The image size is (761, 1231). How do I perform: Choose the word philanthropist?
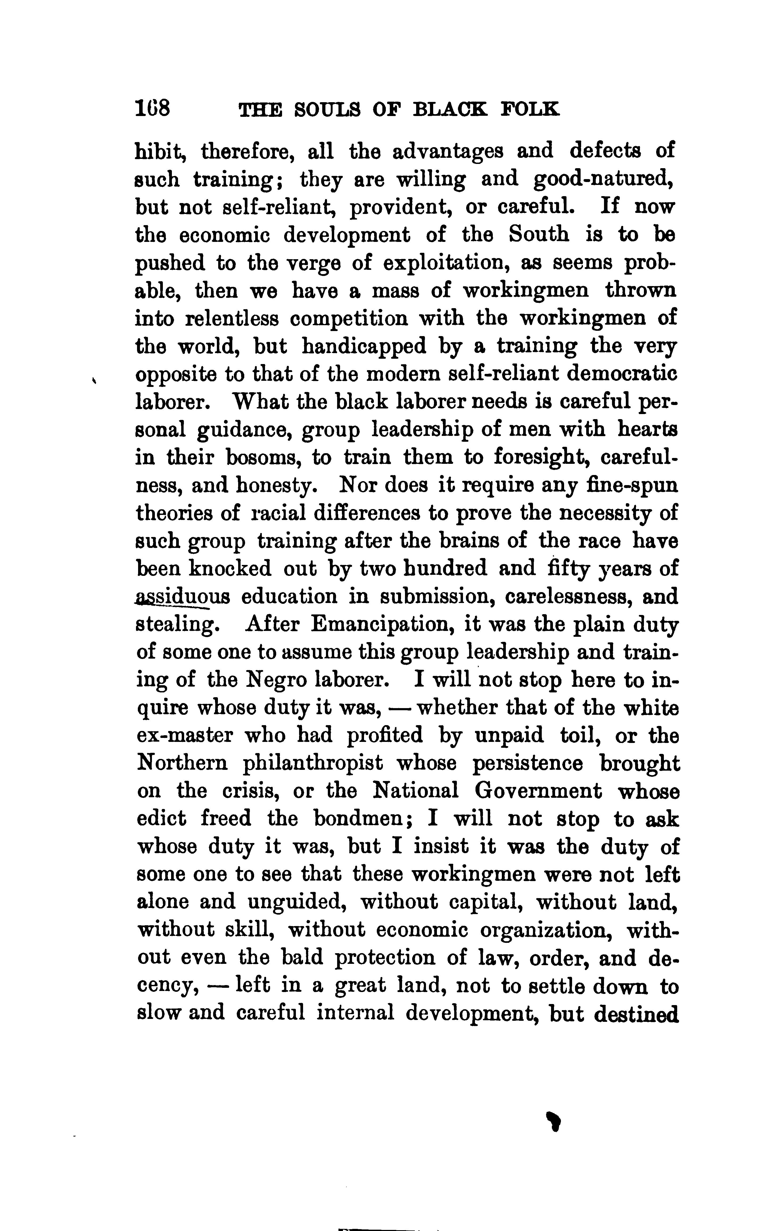(313, 764)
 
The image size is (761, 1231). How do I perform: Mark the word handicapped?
(364, 347)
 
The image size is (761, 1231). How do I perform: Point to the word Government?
(539, 792)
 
